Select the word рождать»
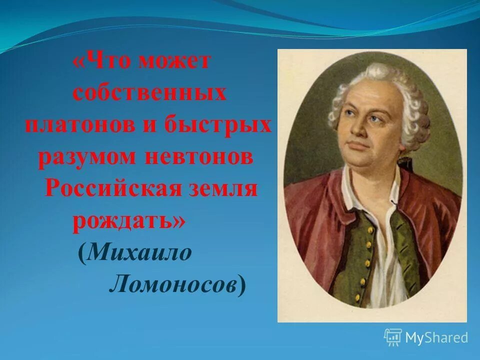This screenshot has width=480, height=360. (x=128, y=220)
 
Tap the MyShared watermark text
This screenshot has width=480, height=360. (x=436, y=337)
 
